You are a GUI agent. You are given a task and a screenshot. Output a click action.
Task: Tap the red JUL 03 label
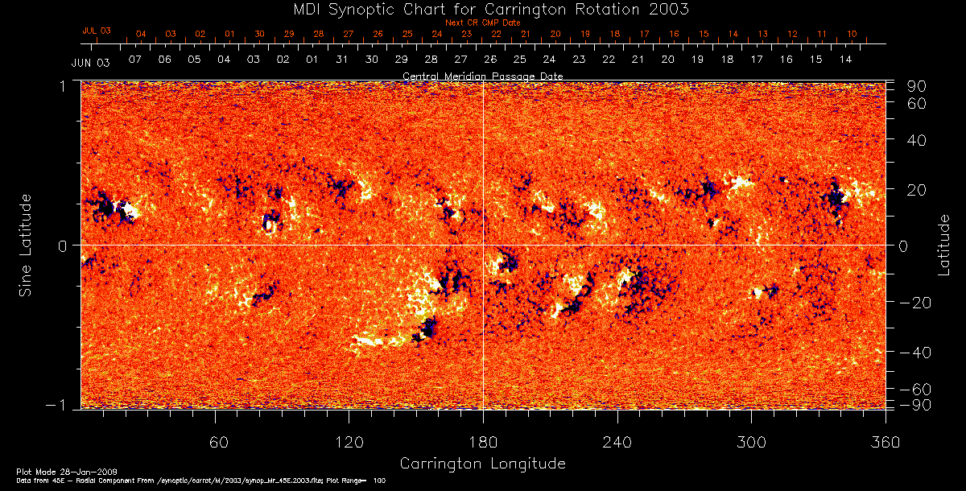[97, 31]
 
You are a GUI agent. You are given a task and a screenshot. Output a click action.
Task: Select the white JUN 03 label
[90, 62]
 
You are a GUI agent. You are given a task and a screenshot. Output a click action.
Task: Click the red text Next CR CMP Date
[482, 23]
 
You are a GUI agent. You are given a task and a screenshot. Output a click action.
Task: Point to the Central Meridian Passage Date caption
[482, 76]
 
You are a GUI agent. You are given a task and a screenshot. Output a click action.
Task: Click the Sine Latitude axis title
[26, 244]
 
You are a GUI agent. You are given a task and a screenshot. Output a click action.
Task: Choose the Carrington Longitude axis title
[482, 464]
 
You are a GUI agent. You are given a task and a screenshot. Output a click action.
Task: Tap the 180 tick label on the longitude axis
[483, 442]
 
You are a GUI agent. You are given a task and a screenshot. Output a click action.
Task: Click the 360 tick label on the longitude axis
[885, 442]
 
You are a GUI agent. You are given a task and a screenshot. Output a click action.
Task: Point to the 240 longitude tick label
[617, 442]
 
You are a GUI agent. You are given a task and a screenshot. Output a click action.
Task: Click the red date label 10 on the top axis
[852, 35]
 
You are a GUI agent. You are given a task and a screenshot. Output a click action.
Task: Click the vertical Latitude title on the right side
[944, 244]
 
